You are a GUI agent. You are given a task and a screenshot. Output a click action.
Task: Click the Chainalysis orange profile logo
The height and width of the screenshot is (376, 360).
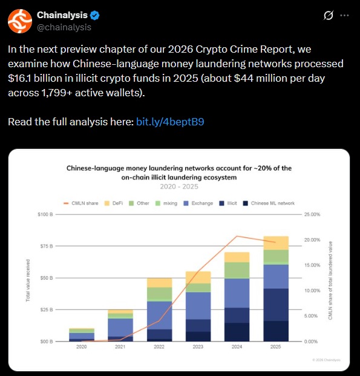tap(19, 21)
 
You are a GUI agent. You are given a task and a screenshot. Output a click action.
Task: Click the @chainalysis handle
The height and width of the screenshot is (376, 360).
tap(64, 27)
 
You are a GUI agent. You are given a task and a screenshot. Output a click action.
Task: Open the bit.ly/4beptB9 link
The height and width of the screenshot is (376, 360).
tap(170, 122)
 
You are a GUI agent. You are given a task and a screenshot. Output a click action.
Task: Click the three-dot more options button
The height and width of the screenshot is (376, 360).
tap(344, 15)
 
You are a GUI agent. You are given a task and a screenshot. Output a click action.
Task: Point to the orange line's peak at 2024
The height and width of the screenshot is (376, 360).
tap(237, 236)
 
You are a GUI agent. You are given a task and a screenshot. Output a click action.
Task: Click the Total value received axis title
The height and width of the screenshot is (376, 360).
tap(28, 278)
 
